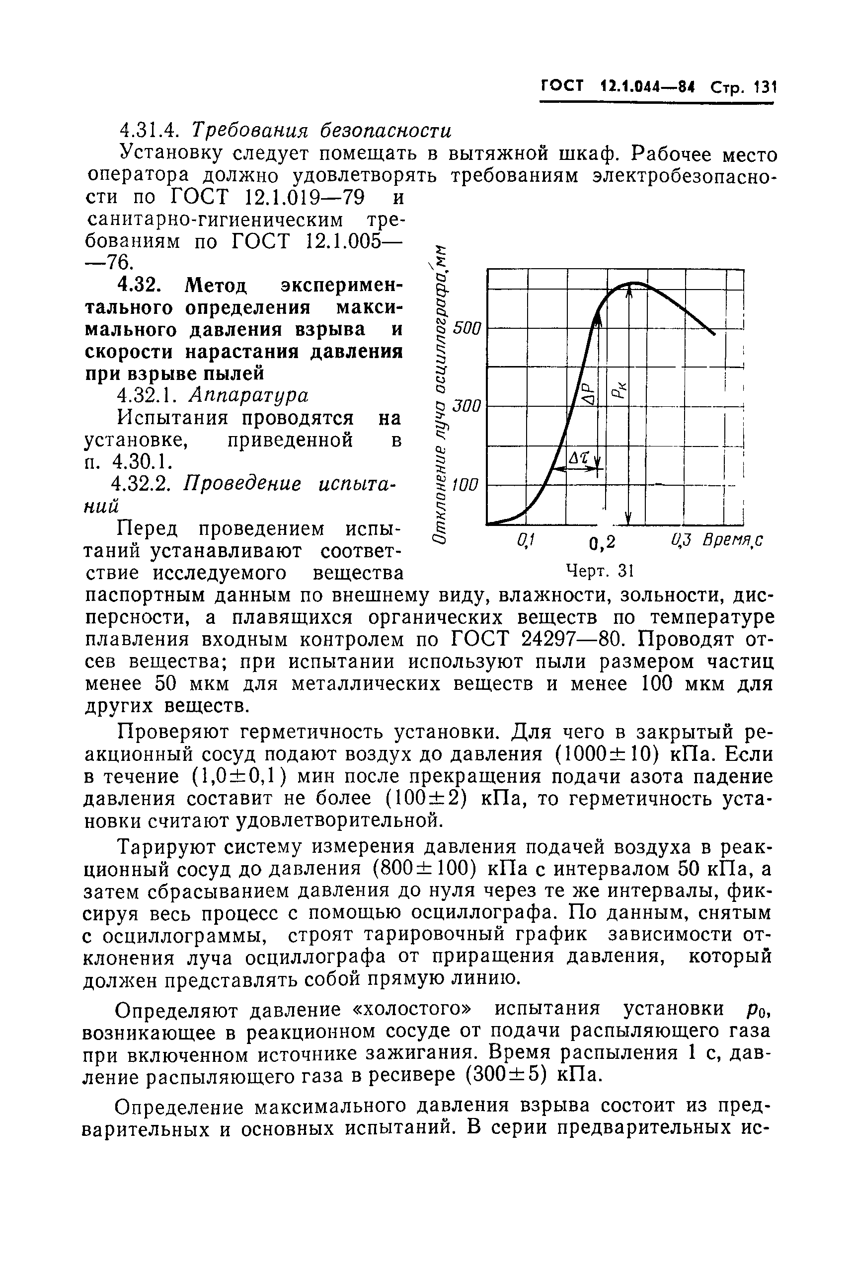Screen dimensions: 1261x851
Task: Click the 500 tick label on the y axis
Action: pos(467,328)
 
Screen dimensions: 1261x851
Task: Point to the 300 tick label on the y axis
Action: pos(467,405)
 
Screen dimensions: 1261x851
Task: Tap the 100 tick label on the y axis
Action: pos(467,484)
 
